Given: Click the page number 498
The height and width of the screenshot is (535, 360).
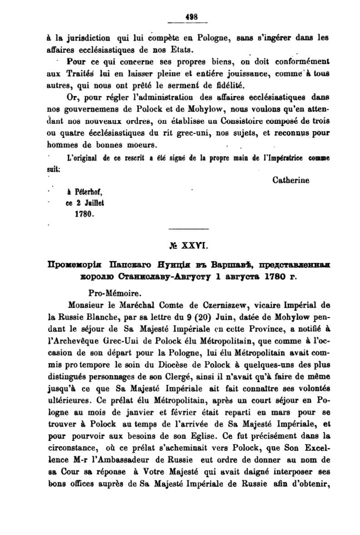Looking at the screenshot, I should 191,17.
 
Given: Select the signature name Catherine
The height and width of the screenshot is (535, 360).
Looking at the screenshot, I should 291,180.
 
